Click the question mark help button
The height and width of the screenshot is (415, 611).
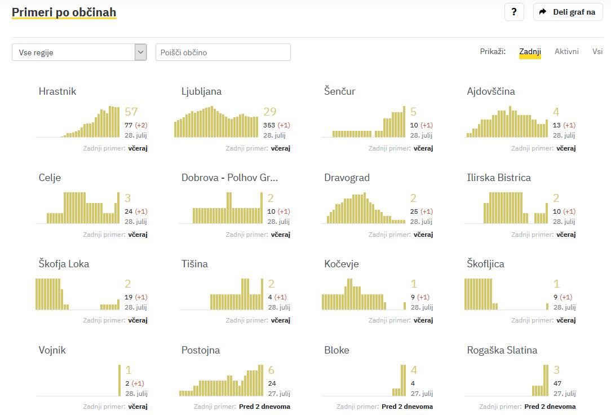[x=513, y=12]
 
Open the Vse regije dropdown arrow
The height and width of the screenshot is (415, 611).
[x=140, y=52]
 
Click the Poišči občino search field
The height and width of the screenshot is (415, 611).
[x=223, y=52]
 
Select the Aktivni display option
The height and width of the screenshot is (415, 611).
[x=566, y=52]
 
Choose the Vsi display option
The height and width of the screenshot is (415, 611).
[x=597, y=52]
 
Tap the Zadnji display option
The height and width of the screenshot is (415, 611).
[x=530, y=52]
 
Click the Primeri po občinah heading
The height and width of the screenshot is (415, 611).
[x=64, y=12]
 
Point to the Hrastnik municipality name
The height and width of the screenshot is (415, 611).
[x=57, y=91]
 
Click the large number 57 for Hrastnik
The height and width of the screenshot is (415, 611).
[x=131, y=112]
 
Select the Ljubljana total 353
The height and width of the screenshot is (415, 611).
[x=269, y=125]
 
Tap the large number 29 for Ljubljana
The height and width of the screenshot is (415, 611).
[x=270, y=112]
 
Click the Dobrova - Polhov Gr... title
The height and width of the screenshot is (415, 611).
[x=230, y=178]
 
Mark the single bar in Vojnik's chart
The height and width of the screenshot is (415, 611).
[x=119, y=381]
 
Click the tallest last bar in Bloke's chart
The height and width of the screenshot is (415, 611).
[x=403, y=381]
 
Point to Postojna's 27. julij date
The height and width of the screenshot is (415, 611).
[x=280, y=394]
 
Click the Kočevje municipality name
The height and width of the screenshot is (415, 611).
[x=342, y=264]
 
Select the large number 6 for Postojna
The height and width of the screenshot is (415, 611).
[x=271, y=370]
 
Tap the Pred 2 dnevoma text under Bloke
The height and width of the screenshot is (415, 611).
[x=407, y=407]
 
